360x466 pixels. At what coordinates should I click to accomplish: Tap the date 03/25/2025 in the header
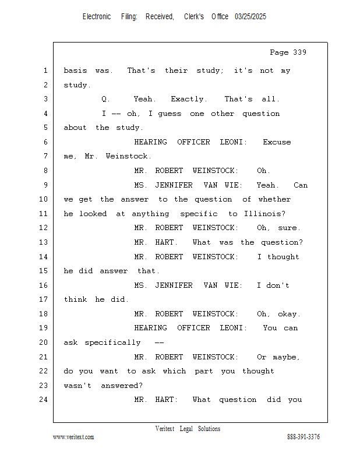coord(250,17)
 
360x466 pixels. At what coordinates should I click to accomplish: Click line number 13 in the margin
coord(45,242)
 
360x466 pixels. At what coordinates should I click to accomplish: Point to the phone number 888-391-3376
coord(303,437)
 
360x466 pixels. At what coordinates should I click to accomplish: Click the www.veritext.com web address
coord(73,437)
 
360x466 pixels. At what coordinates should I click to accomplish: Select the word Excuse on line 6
coord(277,142)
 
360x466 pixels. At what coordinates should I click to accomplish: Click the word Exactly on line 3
coord(188,100)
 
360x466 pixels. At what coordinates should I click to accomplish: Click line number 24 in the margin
coord(45,400)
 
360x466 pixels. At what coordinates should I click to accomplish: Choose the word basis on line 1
coord(75,71)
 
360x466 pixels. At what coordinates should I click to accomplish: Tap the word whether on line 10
coord(274,199)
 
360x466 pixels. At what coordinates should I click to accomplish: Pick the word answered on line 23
coord(121,386)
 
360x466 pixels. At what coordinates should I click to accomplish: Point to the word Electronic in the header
coord(97,17)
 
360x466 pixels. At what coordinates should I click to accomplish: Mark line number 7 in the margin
coord(45,157)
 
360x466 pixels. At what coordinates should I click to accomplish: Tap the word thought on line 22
coord(258,371)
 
